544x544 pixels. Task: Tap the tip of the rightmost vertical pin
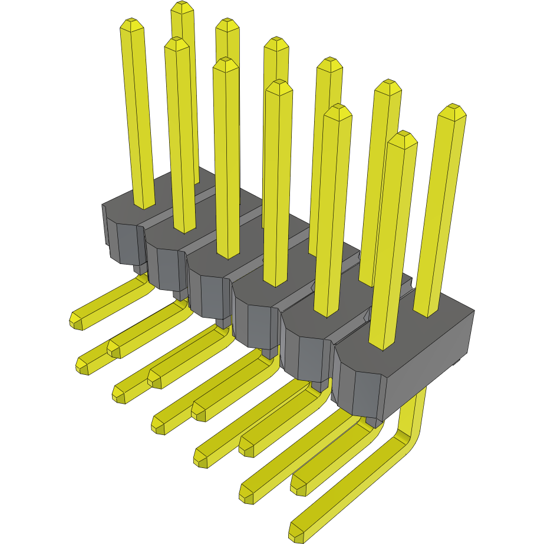pos(453,110)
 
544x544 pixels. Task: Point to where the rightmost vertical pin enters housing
pos(427,313)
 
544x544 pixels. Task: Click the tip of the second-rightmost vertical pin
pos(403,137)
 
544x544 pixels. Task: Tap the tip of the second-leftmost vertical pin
pos(176,43)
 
